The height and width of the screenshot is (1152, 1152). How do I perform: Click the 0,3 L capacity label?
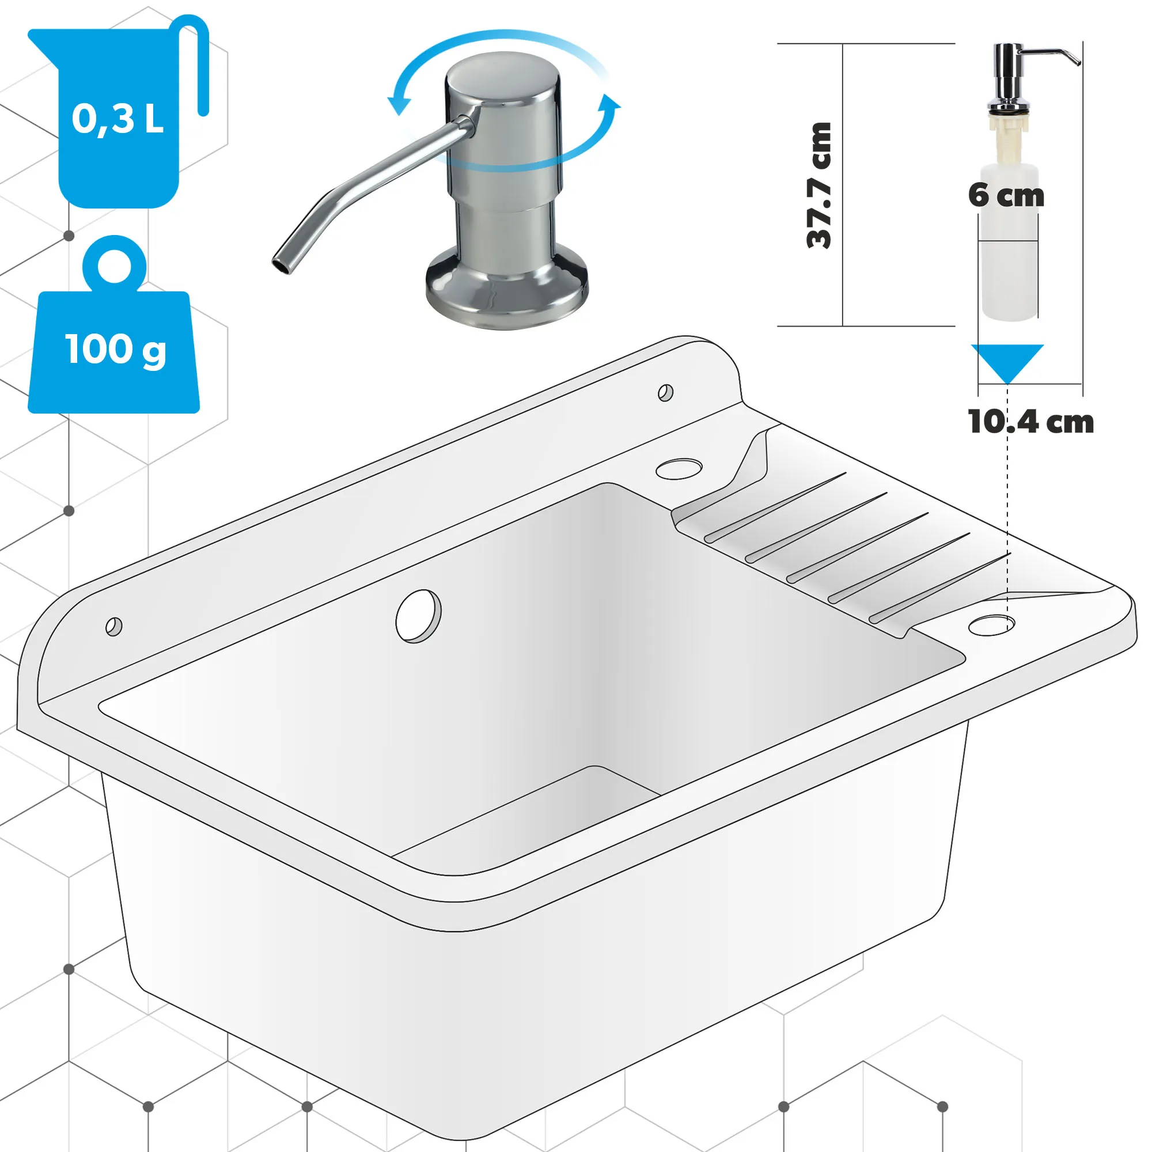point(118,119)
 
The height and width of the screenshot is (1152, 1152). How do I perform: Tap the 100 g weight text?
point(115,350)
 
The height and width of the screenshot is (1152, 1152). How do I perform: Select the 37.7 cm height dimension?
point(818,185)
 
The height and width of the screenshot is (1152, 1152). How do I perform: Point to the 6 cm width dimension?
point(1006,196)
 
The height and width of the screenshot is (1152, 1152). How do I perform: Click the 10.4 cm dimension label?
point(1030,422)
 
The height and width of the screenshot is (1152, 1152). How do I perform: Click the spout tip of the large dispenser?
point(281,264)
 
